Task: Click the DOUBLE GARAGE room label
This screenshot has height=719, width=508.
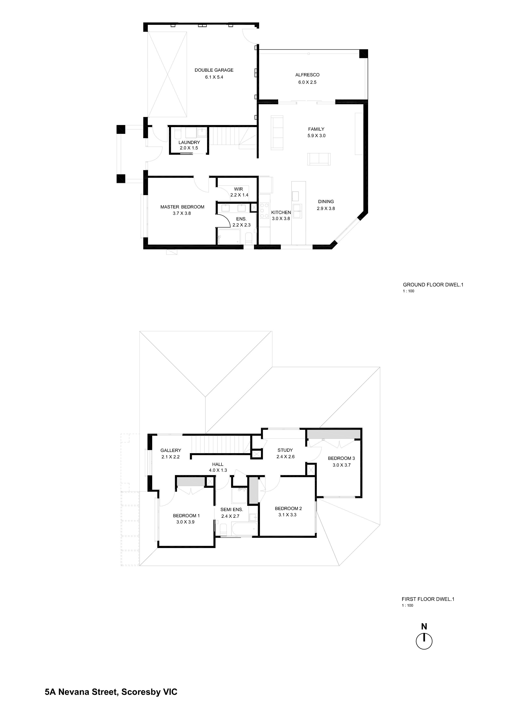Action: point(214,70)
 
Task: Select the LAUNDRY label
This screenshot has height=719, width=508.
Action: point(189,142)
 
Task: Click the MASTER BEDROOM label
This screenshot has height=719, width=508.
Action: point(182,207)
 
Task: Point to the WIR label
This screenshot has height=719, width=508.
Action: point(238,189)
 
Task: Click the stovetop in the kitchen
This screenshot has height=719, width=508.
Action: point(264,208)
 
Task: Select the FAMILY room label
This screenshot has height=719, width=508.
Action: point(316,129)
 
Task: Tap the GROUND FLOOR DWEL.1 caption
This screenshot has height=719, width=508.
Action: point(433,285)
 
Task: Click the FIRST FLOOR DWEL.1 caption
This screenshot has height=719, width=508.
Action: point(428,599)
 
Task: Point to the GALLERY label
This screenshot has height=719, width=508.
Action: point(171,450)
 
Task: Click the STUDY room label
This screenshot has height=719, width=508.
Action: point(285,450)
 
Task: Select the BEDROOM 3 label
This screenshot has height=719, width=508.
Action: point(341,458)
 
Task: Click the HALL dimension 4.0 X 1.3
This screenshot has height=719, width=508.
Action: point(218,470)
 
